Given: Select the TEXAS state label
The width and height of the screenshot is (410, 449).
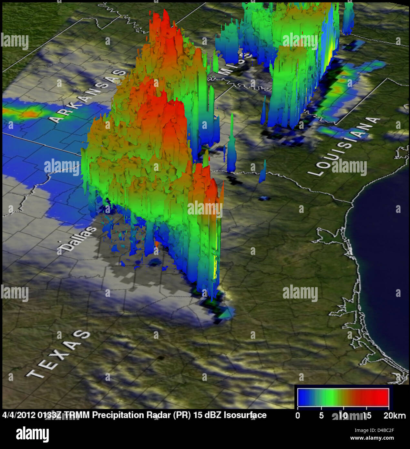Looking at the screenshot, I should coord(58,354).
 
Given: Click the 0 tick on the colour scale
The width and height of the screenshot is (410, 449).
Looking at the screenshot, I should coord(298,415).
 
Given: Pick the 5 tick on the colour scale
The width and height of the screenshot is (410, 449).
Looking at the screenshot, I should coord(321,415).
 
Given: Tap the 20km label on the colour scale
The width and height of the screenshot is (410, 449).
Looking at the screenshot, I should coord(394,415).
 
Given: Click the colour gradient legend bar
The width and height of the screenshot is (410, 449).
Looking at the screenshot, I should coord(343,397).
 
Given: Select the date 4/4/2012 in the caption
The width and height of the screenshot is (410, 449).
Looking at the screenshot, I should coord(19,415).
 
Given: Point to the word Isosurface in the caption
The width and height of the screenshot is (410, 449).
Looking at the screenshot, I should coord(245,415).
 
